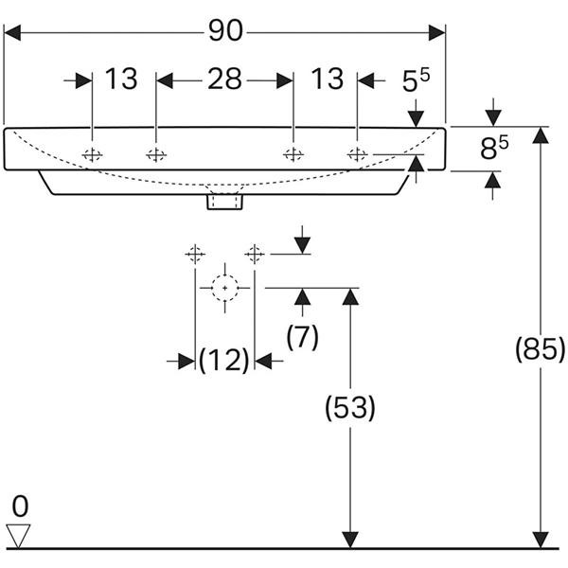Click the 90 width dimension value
[225, 30]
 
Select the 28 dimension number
[224, 79]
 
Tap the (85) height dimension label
[540, 348]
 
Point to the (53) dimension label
[350, 408]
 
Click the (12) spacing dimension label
[224, 360]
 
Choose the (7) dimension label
[303, 336]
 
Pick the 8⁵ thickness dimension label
[494, 147]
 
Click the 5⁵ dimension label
[416, 80]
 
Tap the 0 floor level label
[20, 506]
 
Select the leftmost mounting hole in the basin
[92, 154]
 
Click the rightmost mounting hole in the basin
[357, 154]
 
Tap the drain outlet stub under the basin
[224, 202]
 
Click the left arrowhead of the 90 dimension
[12, 33]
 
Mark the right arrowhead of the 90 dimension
[436, 33]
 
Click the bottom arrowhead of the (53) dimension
[350, 540]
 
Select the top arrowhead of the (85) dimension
[541, 135]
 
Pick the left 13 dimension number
[121, 79]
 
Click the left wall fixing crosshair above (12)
[195, 254]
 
